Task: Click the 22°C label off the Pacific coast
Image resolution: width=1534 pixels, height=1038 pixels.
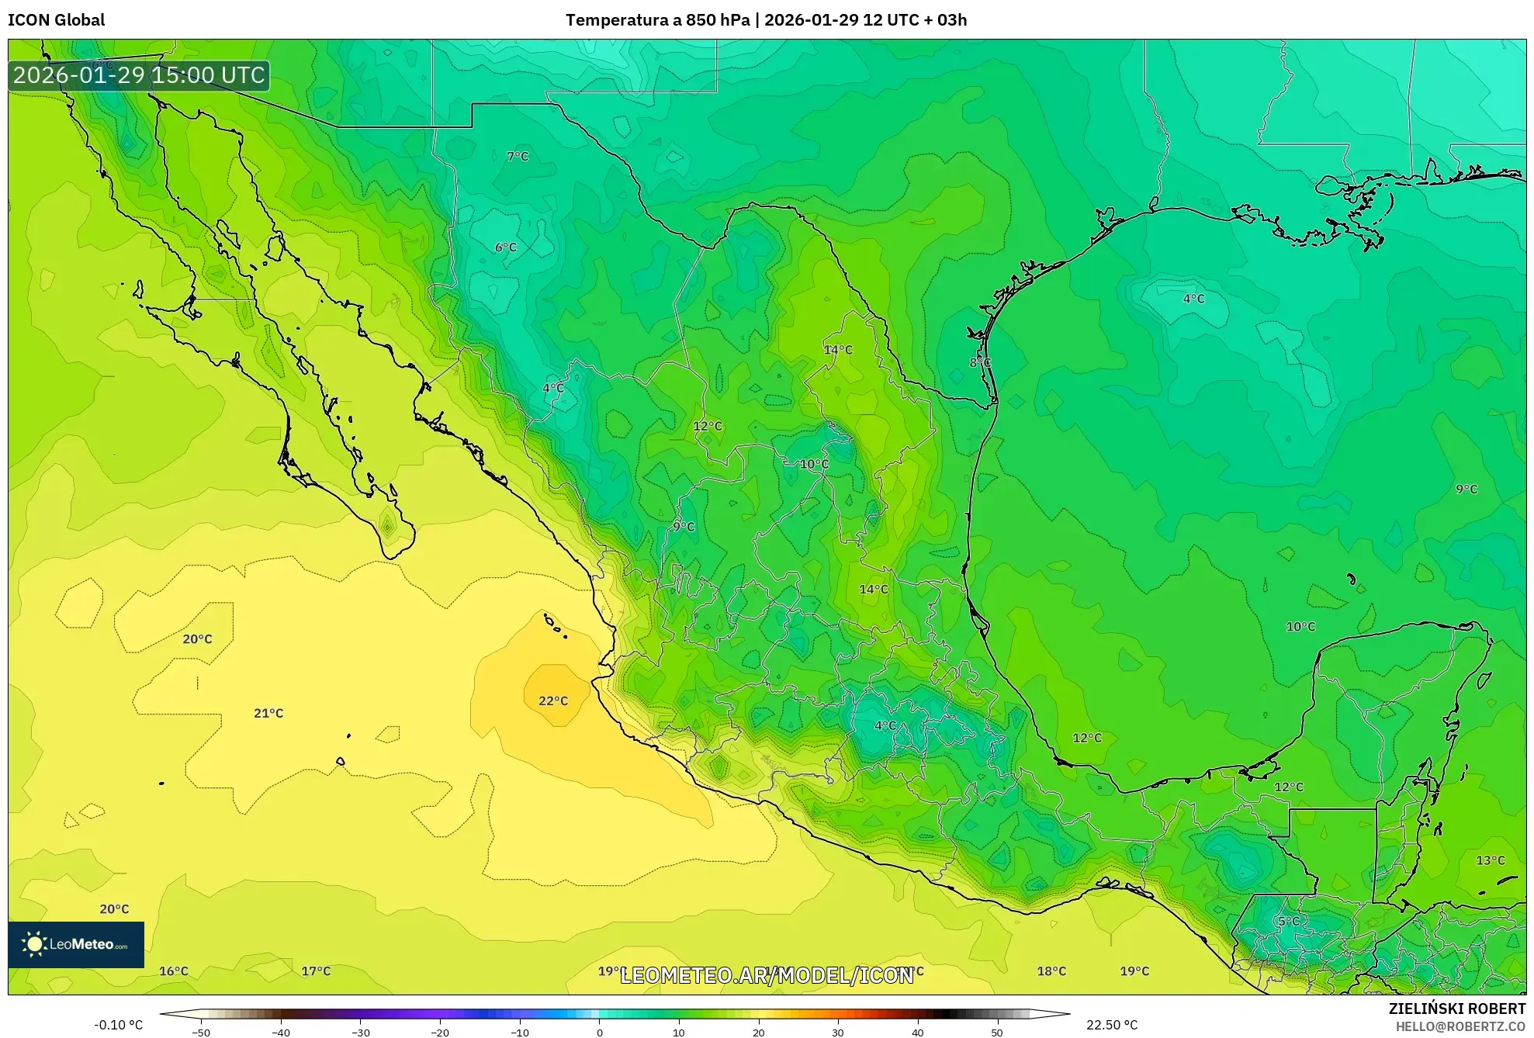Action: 553,701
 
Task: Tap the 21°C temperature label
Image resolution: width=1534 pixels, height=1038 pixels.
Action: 268,714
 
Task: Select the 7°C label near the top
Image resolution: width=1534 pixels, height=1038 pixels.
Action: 518,157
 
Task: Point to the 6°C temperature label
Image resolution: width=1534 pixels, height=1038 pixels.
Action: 506,247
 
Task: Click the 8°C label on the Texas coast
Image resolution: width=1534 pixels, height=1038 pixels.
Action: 980,362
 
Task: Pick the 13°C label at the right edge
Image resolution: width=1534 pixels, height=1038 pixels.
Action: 1490,860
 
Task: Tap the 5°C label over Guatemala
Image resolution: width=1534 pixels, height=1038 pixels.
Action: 1289,922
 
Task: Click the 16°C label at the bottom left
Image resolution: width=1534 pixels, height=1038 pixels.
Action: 174,971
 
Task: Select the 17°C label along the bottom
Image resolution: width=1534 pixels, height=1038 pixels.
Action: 316,971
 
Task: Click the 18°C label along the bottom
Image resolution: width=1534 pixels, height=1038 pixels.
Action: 1051,971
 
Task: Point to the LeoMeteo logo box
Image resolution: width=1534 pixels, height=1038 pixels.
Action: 76,944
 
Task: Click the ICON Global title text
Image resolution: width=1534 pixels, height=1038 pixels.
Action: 56,20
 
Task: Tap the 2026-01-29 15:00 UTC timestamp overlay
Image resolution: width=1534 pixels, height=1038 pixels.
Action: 139,75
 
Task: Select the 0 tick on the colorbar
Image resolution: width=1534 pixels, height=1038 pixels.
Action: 599,1033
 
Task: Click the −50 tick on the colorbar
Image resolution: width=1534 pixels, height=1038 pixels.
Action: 201,1033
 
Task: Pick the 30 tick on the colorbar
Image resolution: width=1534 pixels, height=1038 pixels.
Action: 838,1033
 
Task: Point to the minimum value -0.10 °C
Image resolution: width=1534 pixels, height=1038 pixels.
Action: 119,1025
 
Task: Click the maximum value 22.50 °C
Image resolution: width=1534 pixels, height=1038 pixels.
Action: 1112,1025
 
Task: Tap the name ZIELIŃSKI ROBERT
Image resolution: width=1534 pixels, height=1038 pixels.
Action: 1456,1009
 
